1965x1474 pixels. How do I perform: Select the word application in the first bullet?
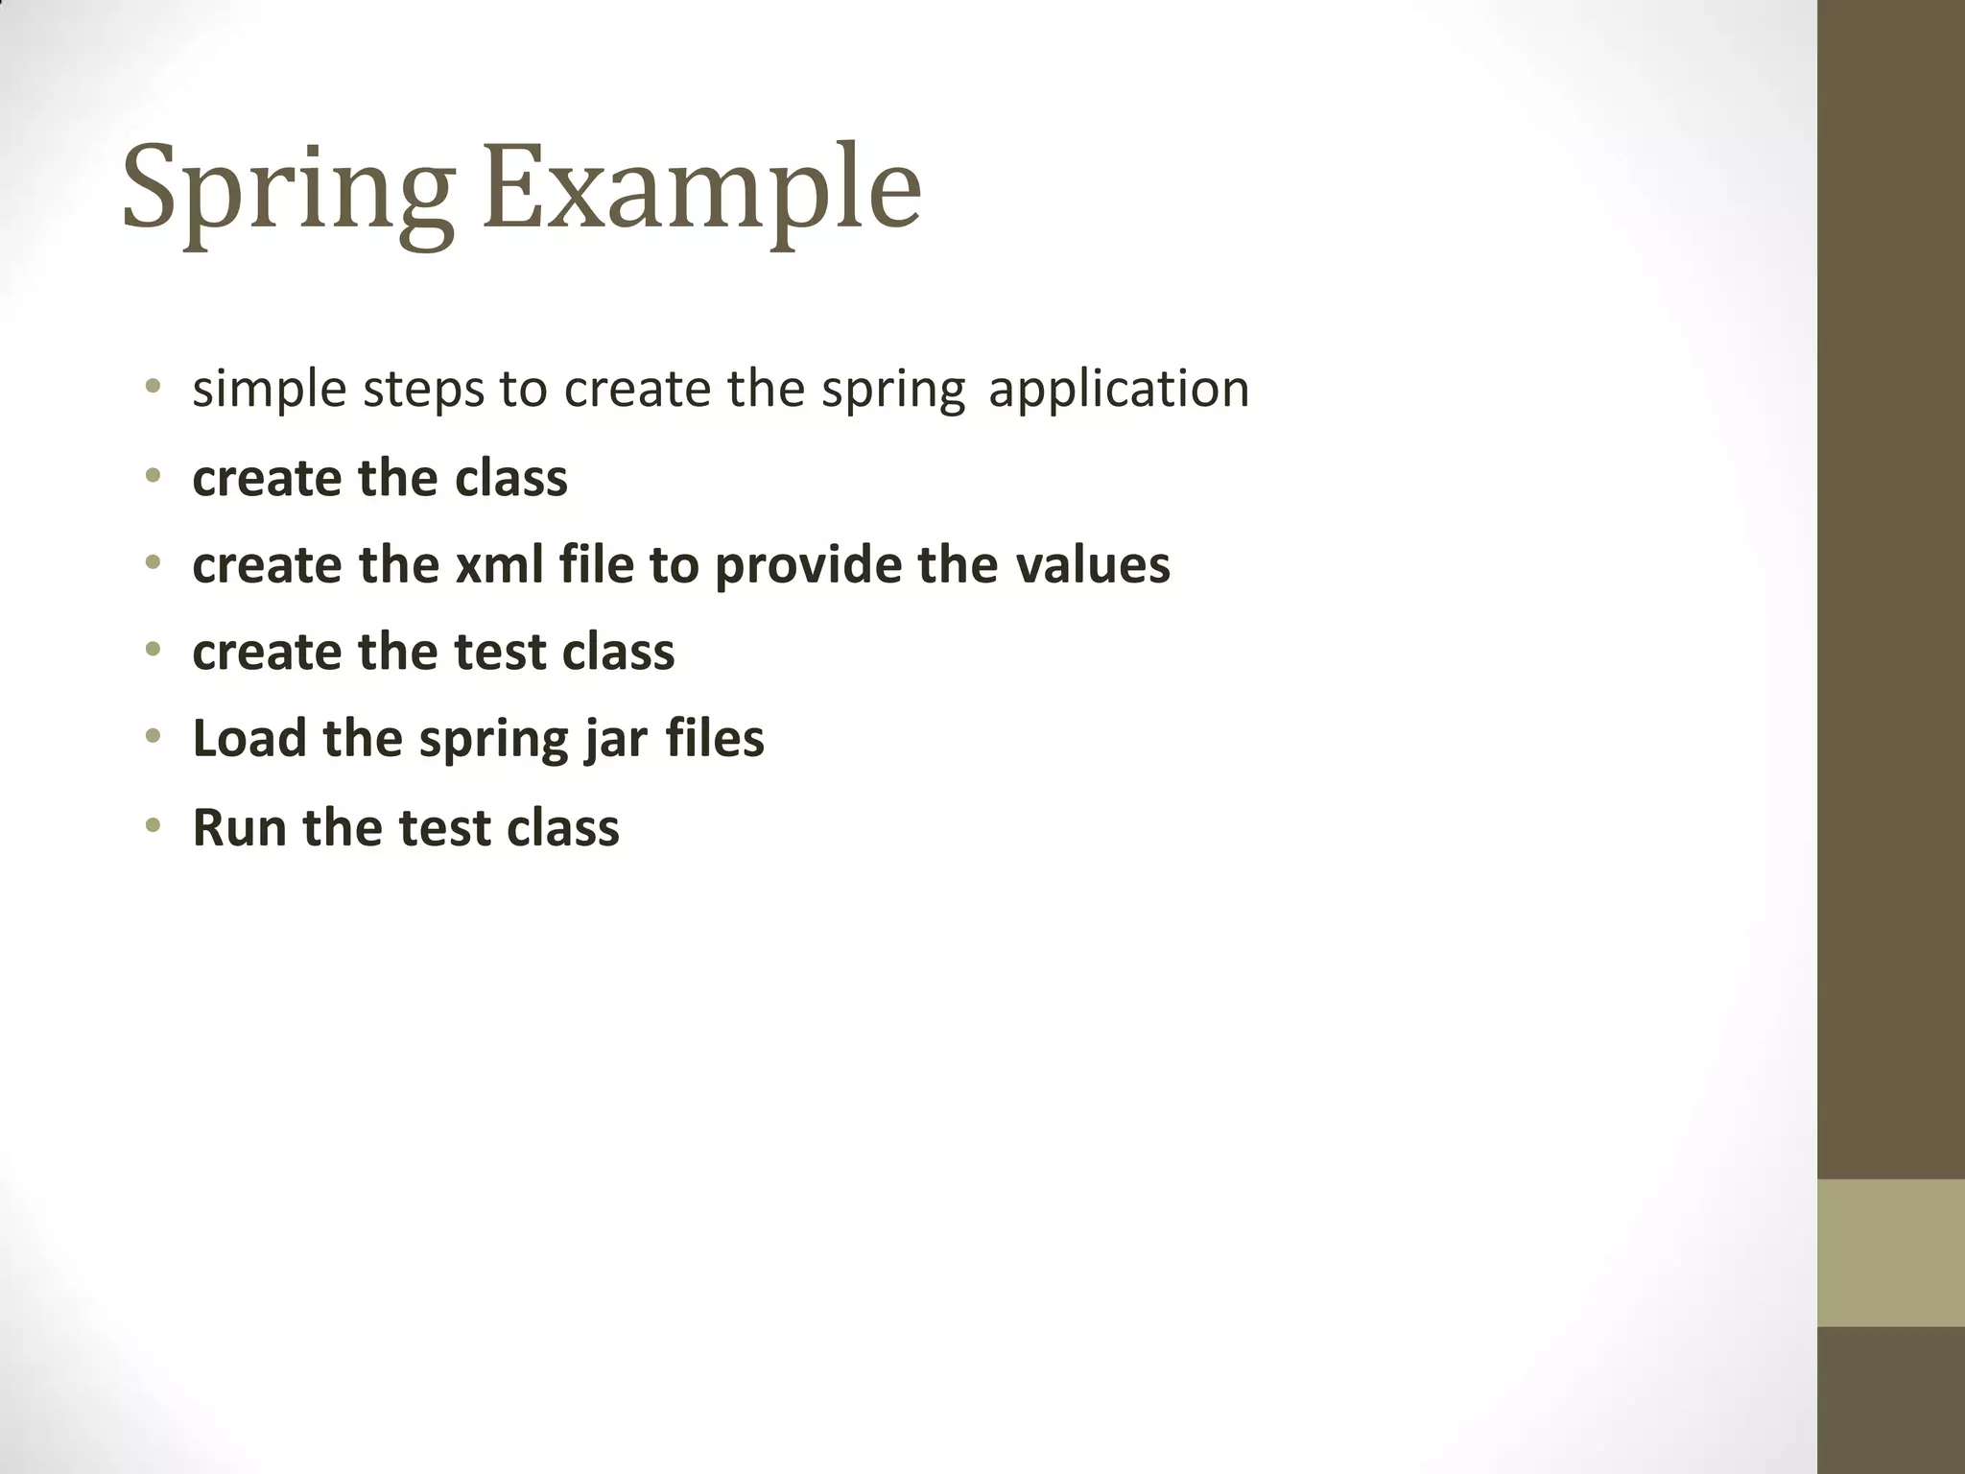pyautogui.click(x=1119, y=390)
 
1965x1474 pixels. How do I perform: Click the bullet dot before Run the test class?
pyautogui.click(x=153, y=825)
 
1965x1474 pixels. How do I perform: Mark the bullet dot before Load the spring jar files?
pyautogui.click(x=153, y=737)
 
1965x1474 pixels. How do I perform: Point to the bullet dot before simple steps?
pyautogui.click(x=153, y=388)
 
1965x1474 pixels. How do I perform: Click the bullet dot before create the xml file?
pyautogui.click(x=153, y=563)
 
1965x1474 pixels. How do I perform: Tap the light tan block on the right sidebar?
pyautogui.click(x=1890, y=1252)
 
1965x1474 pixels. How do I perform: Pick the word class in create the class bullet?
pyautogui.click(x=510, y=478)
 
